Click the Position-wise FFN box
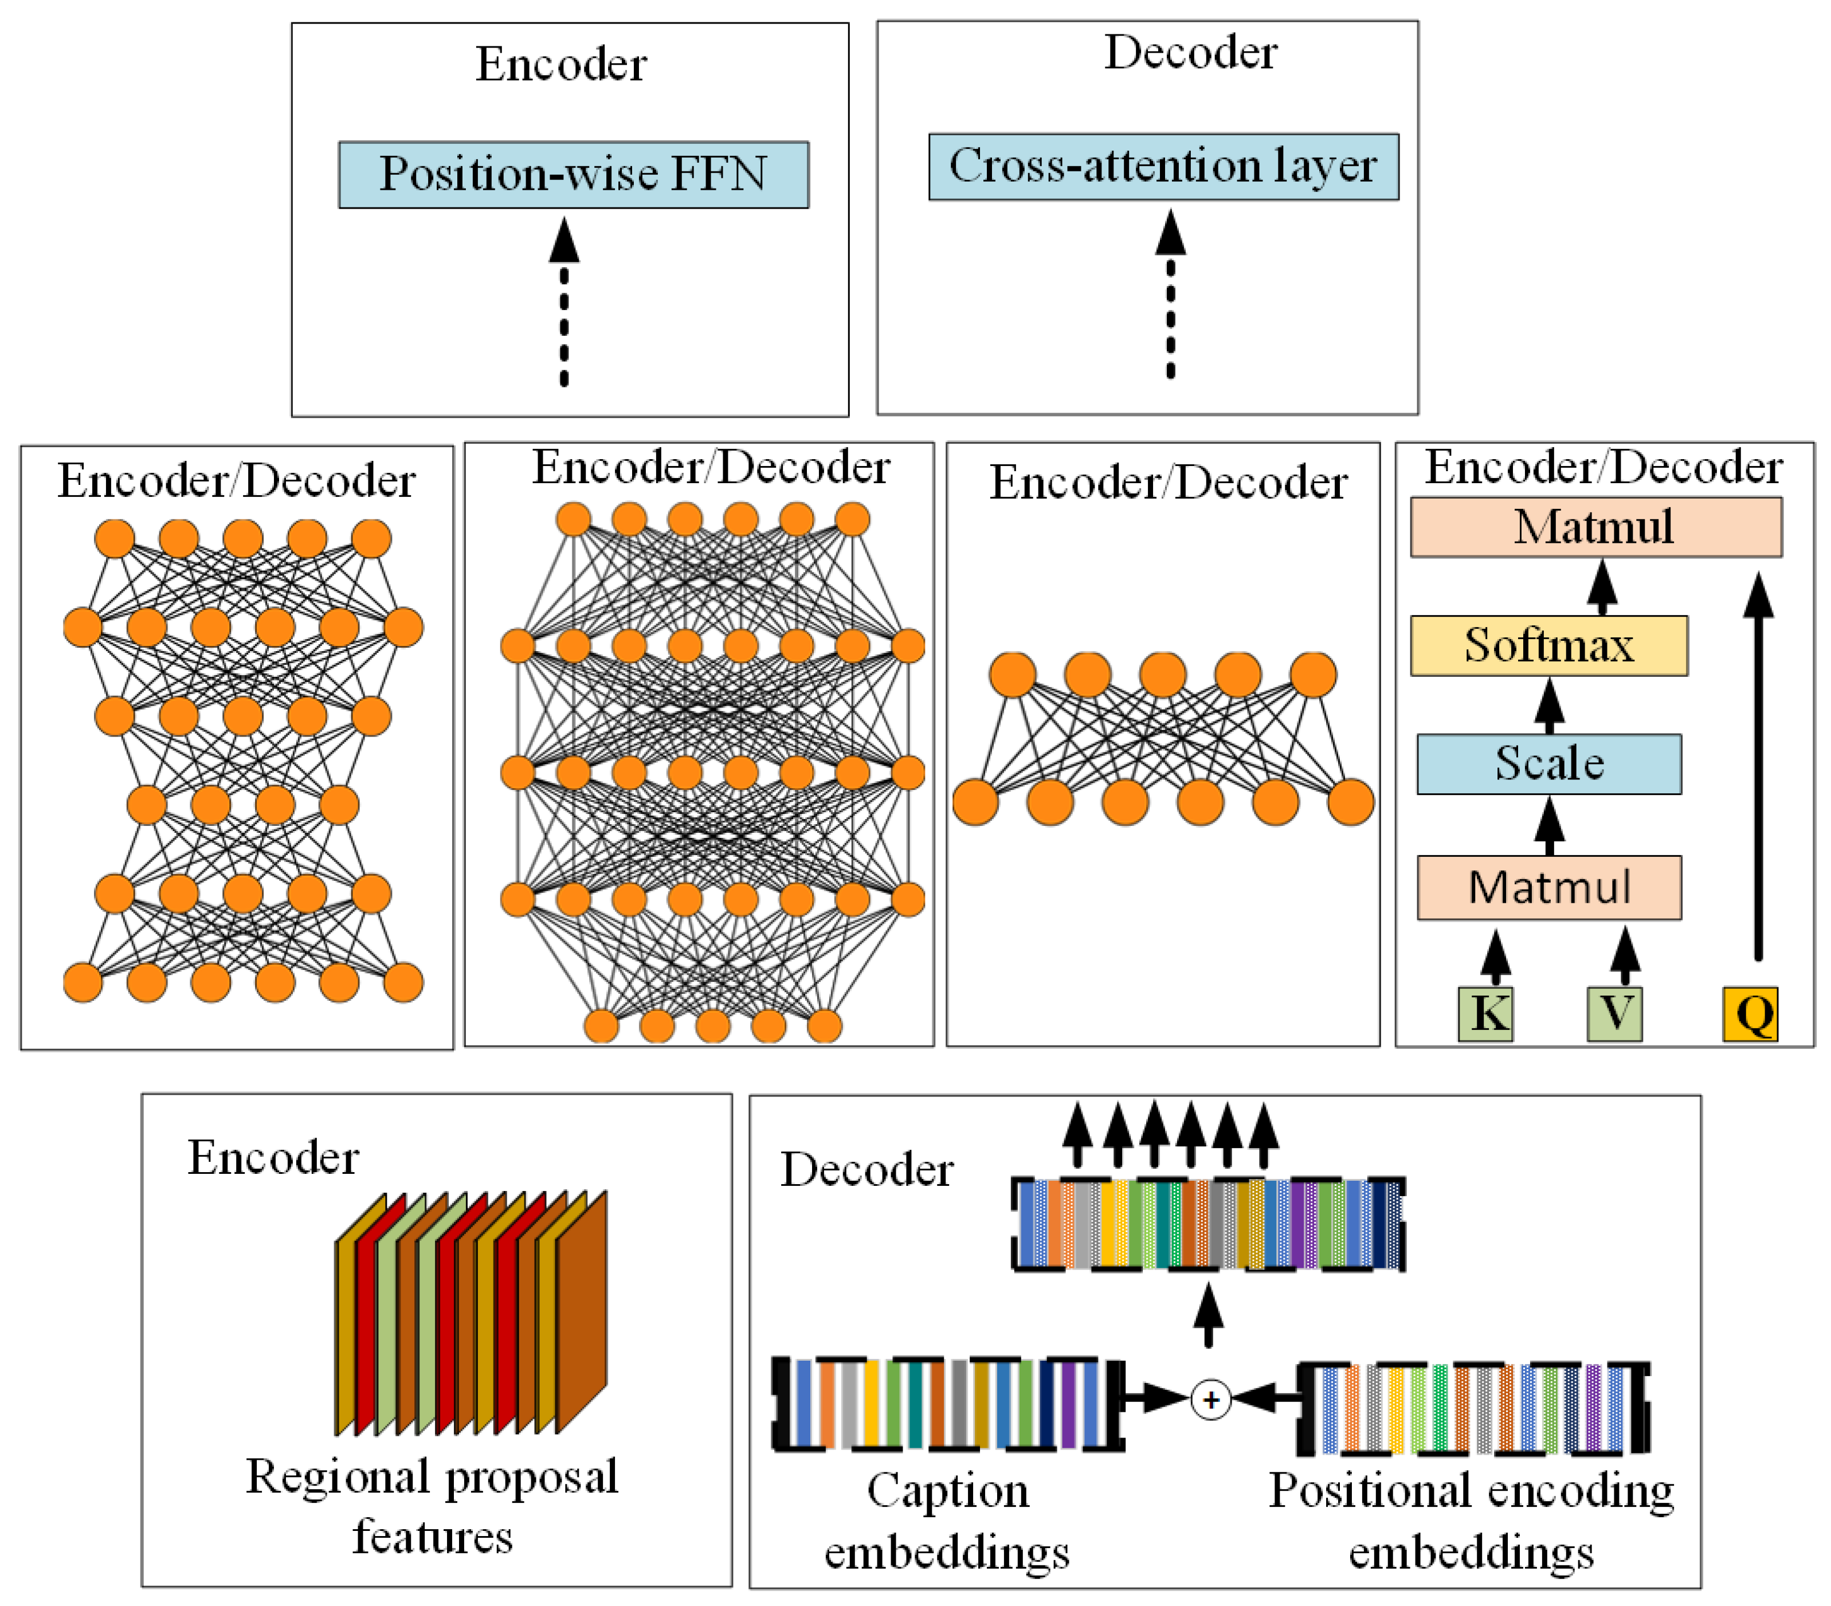pyautogui.click(x=573, y=175)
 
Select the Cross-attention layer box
pyautogui.click(x=1163, y=167)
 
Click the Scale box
pyautogui.click(x=1548, y=764)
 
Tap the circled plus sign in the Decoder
pyautogui.click(x=1210, y=1399)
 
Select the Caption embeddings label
pyautogui.click(x=947, y=1520)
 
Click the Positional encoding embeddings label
pyautogui.click(x=1471, y=1520)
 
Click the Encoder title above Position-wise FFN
pyautogui.click(x=561, y=65)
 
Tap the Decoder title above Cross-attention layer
pyautogui.click(x=1190, y=52)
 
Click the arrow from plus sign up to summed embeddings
pyautogui.click(x=1209, y=1315)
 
